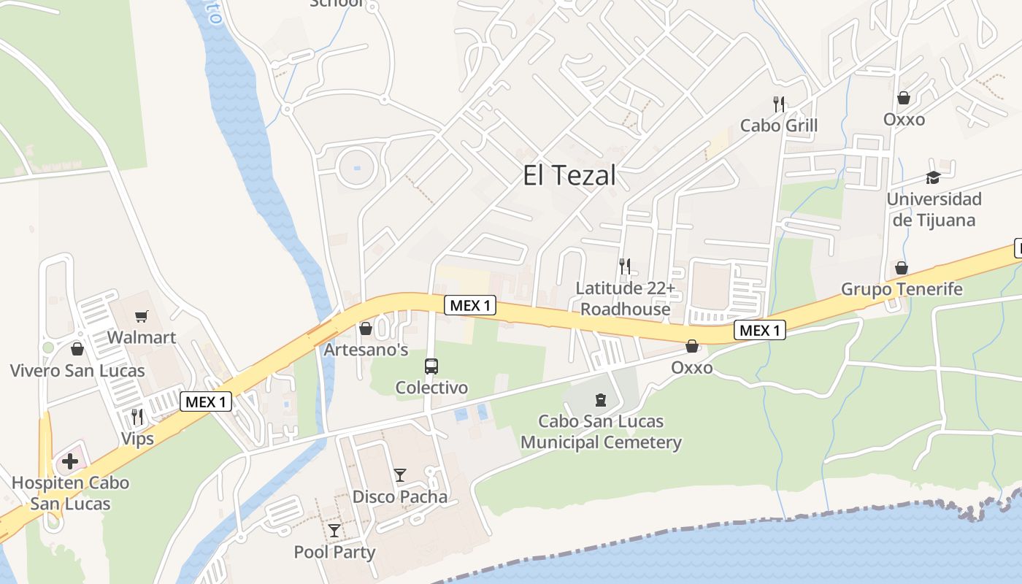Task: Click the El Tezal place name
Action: (x=569, y=175)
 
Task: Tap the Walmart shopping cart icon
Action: (x=142, y=317)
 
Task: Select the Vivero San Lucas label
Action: (x=77, y=370)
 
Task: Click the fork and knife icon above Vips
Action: (x=137, y=417)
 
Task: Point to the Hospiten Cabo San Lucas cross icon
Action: (x=70, y=461)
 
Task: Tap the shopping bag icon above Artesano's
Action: (x=366, y=329)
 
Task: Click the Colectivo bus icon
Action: (x=431, y=366)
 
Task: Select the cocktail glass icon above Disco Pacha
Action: (x=400, y=475)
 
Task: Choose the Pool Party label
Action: (x=334, y=552)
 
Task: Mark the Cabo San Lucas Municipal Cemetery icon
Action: (x=601, y=399)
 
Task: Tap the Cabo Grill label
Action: (x=779, y=126)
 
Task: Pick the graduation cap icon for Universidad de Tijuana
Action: (x=933, y=177)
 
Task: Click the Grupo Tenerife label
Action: (x=902, y=289)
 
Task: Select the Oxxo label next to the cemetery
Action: (x=692, y=367)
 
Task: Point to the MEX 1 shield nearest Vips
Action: (x=206, y=401)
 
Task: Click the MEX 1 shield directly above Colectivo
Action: (x=470, y=305)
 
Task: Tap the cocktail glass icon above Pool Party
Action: (x=334, y=530)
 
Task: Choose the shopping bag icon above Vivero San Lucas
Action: (x=77, y=349)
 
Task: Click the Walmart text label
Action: (x=142, y=337)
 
